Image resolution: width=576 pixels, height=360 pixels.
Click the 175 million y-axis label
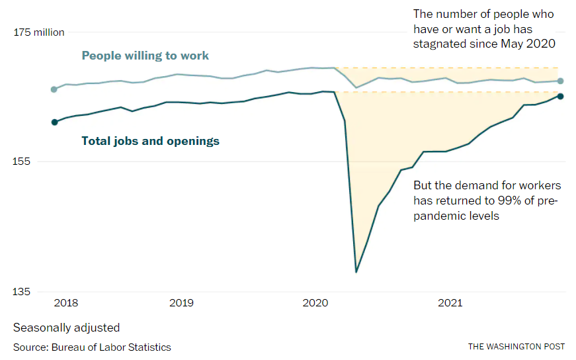[39, 32]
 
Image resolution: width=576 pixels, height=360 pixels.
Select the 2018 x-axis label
[66, 303]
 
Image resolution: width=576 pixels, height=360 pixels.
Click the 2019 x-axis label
[181, 303]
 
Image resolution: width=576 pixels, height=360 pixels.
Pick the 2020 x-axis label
[315, 303]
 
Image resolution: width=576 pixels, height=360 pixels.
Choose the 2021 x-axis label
[450, 303]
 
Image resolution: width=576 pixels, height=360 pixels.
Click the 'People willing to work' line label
[145, 56]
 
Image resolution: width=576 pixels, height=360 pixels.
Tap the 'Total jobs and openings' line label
[150, 141]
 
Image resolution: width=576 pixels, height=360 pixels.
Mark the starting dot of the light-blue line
[54, 89]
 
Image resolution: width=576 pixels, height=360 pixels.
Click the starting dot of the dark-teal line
[54, 122]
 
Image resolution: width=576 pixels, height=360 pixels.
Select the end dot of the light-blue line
[560, 81]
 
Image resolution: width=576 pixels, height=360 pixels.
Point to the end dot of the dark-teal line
[560, 96]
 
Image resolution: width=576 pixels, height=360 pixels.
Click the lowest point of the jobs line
[356, 271]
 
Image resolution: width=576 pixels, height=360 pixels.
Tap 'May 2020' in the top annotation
[531, 44]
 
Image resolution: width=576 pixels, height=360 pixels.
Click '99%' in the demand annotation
[508, 201]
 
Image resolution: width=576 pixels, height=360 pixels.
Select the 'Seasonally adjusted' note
[66, 328]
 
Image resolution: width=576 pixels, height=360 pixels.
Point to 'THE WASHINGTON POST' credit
[516, 347]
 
